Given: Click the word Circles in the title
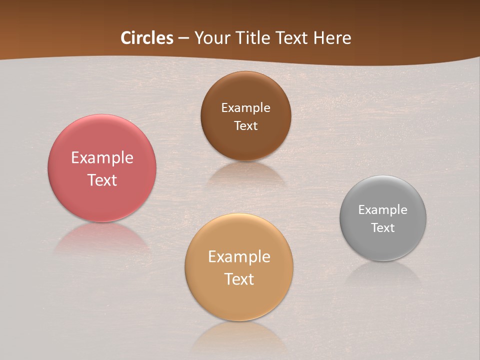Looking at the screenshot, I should tap(147, 38).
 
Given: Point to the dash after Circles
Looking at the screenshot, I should tap(183, 38).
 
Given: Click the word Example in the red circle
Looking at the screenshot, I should tap(102, 158).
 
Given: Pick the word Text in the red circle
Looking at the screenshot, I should tap(102, 180).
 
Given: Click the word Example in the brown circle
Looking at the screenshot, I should tap(245, 108).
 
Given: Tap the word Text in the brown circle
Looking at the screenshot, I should tap(245, 125).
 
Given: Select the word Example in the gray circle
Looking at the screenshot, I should tap(383, 210).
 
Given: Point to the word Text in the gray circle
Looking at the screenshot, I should tap(383, 227).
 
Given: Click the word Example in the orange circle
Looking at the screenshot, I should tap(239, 257).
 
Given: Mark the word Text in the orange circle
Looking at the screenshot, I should tap(239, 279).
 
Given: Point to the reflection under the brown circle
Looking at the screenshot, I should tap(245, 172).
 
